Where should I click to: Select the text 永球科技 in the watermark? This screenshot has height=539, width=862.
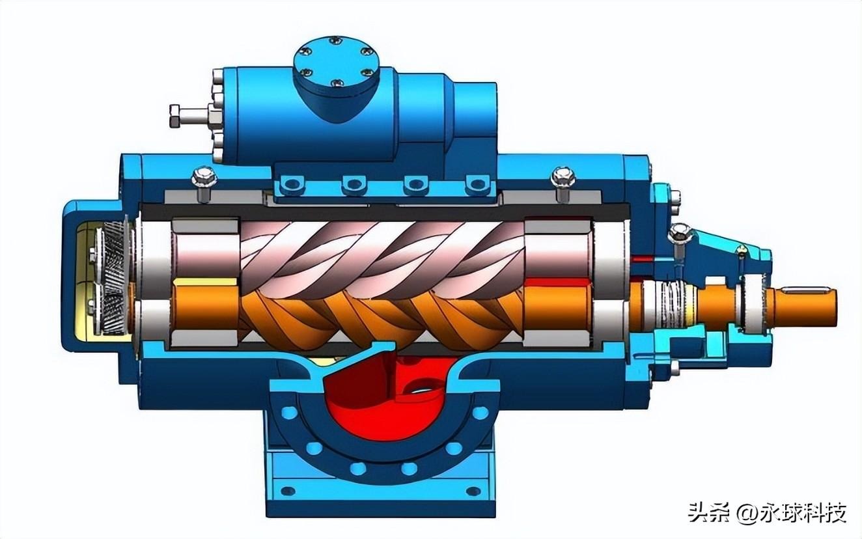[802, 512]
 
